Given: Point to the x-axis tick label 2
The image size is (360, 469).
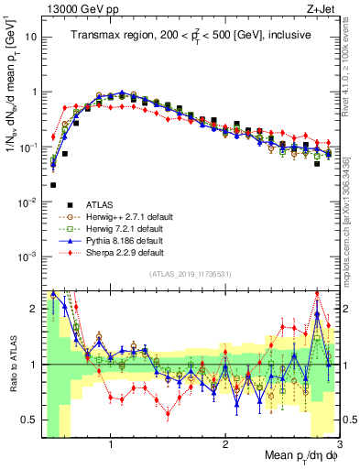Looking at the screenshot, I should point(225,446).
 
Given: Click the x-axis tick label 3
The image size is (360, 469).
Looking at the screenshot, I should point(338,446).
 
